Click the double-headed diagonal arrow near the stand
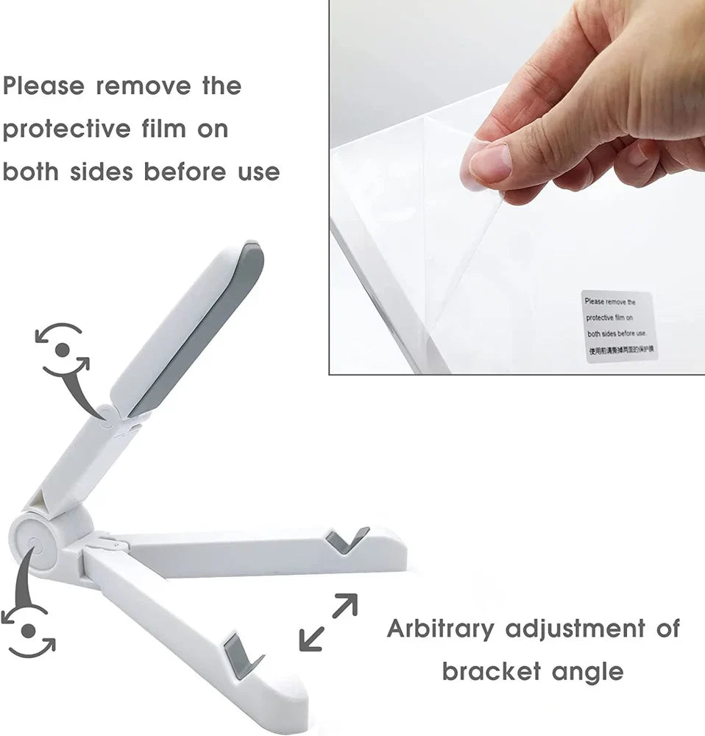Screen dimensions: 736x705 pos(328,622)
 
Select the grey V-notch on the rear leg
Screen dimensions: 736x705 pos(347,539)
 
